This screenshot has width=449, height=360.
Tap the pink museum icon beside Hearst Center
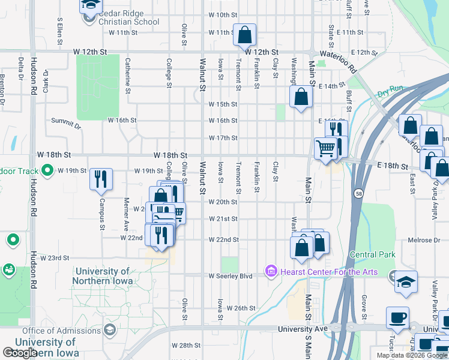pyautogui.click(x=270, y=272)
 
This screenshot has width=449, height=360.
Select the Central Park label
pyautogui.click(x=372, y=254)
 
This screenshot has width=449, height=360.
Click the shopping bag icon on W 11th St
pyautogui.click(x=244, y=35)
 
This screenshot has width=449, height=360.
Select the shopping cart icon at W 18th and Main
pyautogui.click(x=325, y=148)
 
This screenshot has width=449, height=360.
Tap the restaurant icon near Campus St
pyautogui.click(x=101, y=179)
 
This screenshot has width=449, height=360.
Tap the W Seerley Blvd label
pyautogui.click(x=231, y=276)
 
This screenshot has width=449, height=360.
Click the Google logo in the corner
pyautogui.click(x=19, y=353)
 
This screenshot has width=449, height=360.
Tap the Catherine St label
pyautogui.click(x=128, y=76)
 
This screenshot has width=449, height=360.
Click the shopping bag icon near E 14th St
pyautogui.click(x=301, y=97)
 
